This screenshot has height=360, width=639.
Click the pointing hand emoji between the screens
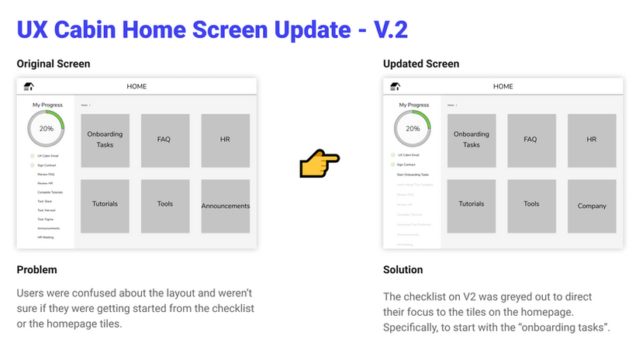(x=319, y=164)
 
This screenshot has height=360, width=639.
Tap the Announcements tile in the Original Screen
(x=226, y=206)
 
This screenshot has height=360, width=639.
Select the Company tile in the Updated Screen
(x=592, y=206)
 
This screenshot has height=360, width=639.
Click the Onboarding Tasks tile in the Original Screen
(x=105, y=140)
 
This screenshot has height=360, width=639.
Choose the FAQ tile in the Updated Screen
(x=530, y=140)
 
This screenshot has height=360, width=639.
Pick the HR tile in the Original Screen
(x=226, y=140)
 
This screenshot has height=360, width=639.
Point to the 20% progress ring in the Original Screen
(x=47, y=129)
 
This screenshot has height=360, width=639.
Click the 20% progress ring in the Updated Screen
(x=413, y=129)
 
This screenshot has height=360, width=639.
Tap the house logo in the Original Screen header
(x=29, y=87)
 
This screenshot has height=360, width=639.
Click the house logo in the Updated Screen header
(x=395, y=87)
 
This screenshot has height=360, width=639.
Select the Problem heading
(x=36, y=270)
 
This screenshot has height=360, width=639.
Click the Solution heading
(x=403, y=270)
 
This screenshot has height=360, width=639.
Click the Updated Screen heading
(x=421, y=64)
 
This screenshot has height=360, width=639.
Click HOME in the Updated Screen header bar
(x=503, y=87)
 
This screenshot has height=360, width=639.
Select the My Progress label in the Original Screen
(x=47, y=105)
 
